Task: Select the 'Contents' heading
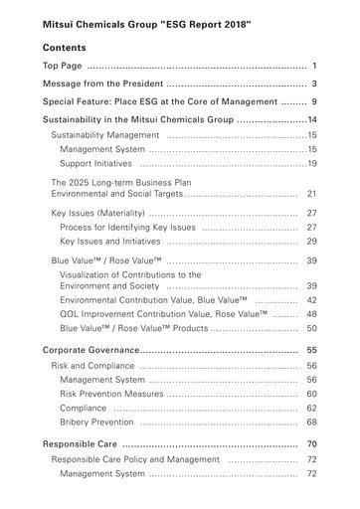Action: click(x=65, y=48)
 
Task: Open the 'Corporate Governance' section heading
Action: click(x=90, y=351)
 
